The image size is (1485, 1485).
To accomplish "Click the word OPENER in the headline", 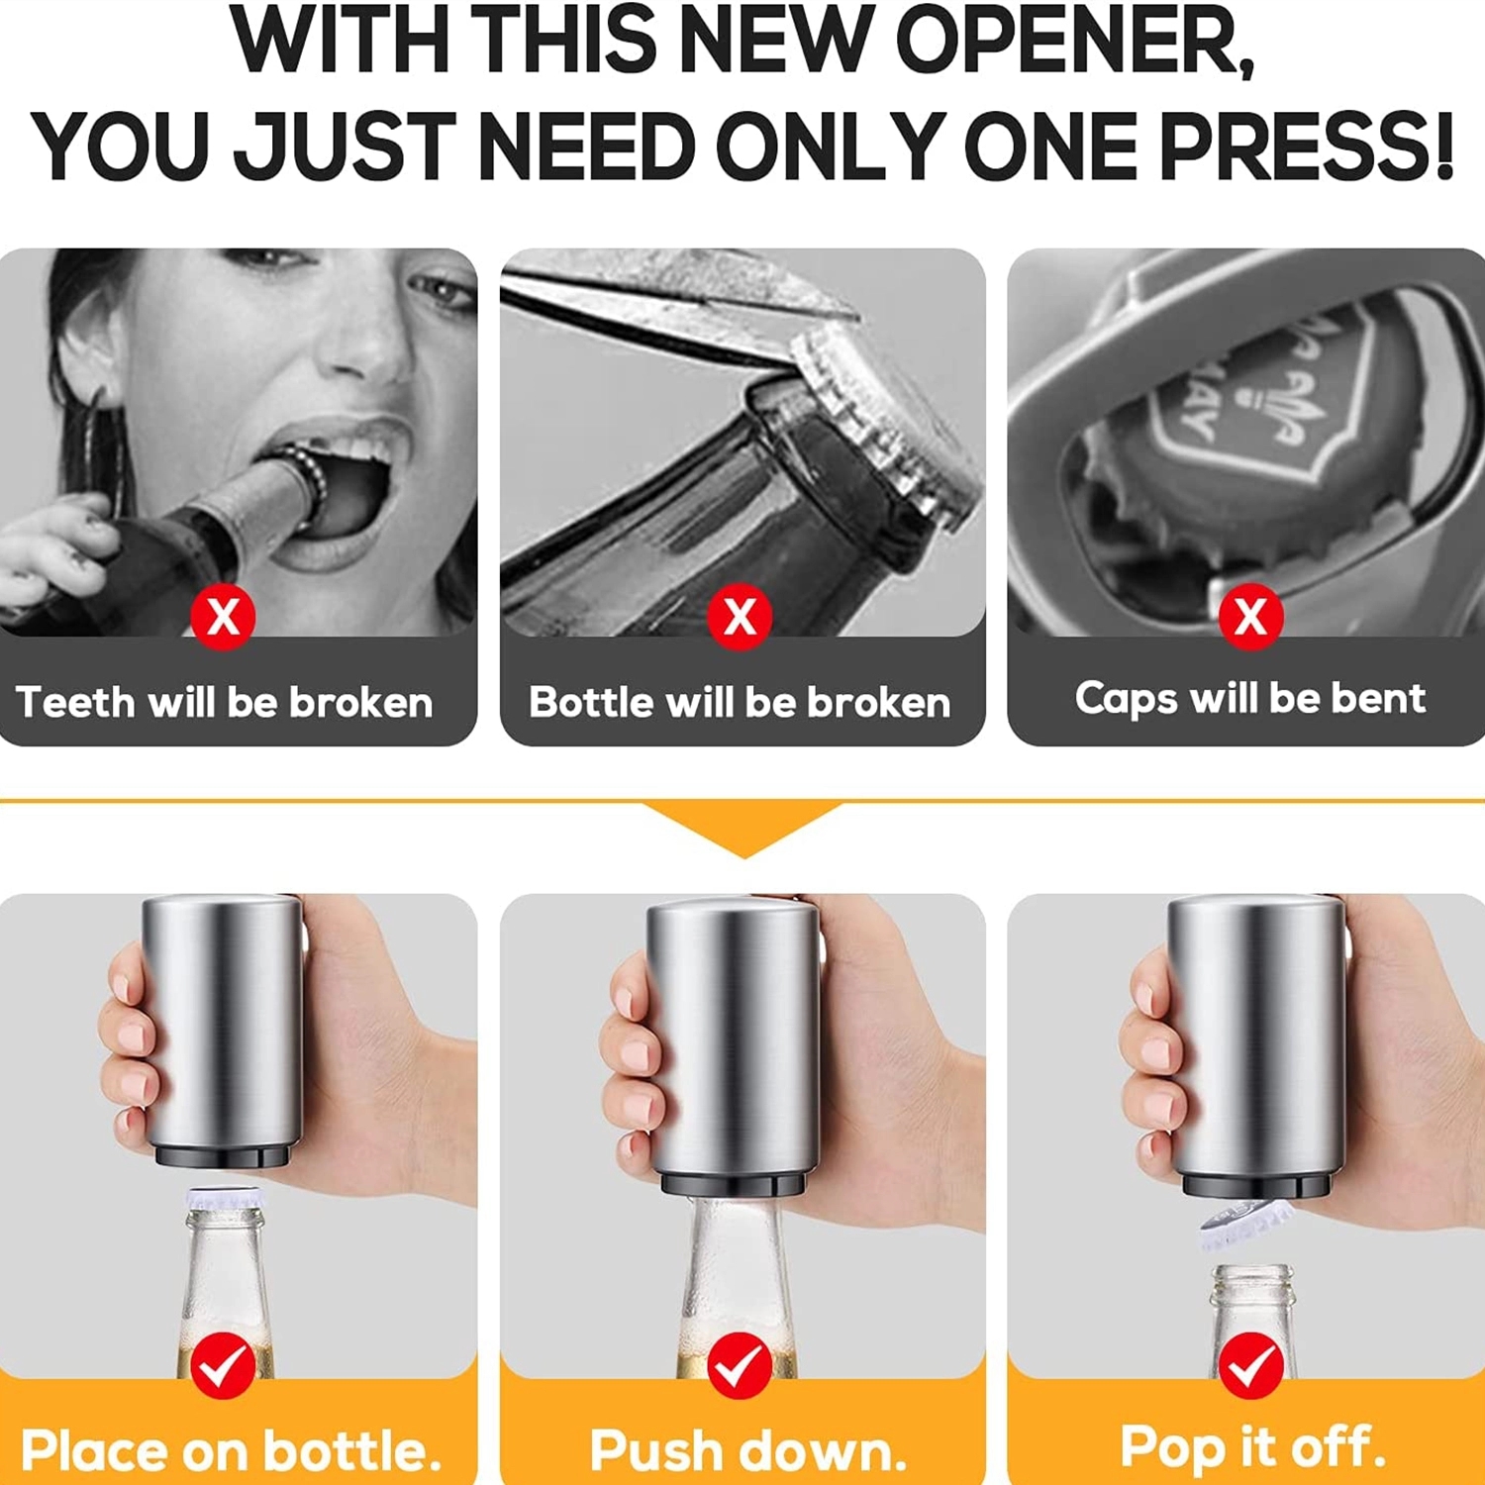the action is point(1075,41).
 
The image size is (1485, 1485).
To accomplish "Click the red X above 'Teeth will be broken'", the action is point(223,617).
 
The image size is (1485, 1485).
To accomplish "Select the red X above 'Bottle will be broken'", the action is point(740,617).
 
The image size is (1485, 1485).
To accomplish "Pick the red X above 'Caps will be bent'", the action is point(1251,617).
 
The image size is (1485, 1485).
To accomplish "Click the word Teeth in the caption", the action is point(75,702).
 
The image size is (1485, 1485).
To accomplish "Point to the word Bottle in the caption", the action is point(592,702).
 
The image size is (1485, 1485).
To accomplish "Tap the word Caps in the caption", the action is point(1127,699).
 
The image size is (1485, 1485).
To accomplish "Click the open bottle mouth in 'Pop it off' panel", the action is point(1252,1273).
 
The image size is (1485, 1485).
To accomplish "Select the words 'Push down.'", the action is point(748,1451).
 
